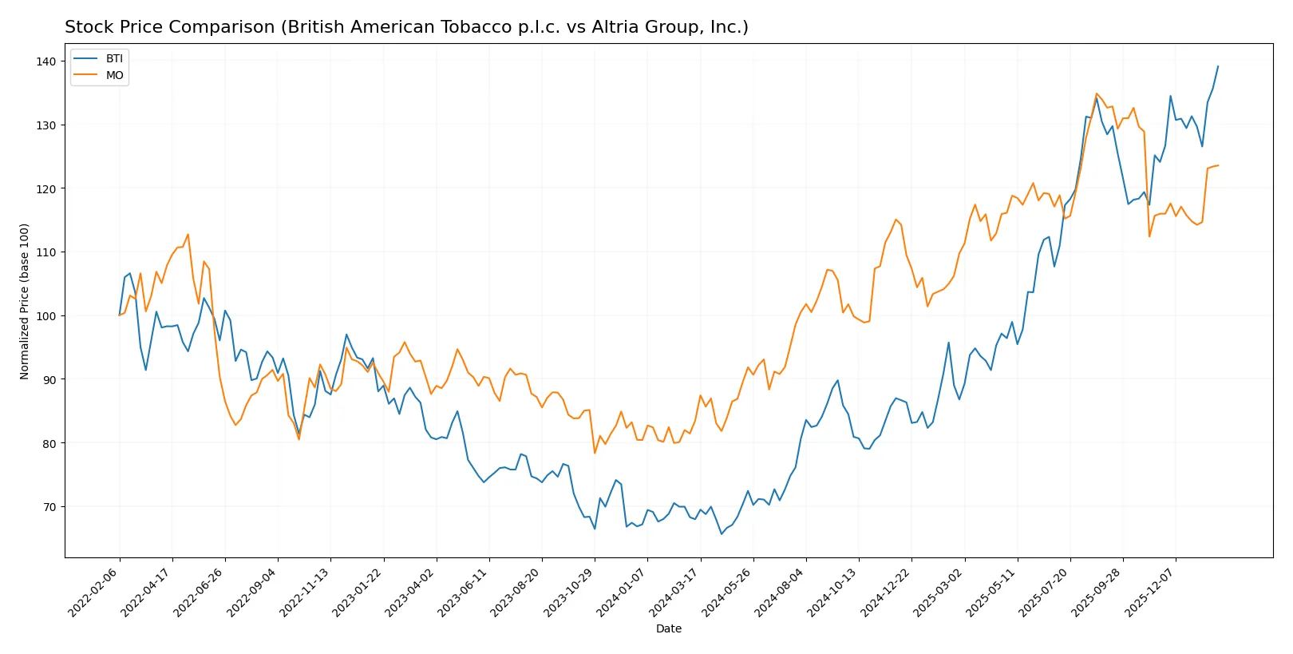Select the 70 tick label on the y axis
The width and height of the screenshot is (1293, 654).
tap(49, 507)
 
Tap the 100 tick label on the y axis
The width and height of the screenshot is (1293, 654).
tap(46, 316)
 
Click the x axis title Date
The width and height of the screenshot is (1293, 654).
tap(668, 628)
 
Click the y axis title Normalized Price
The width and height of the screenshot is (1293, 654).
tap(25, 301)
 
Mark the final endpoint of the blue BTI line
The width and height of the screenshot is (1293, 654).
tap(1218, 66)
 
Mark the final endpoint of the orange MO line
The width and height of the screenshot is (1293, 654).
tap(1218, 165)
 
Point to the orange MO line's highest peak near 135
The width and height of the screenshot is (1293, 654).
tap(1096, 93)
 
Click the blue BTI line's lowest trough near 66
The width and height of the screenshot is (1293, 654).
tap(722, 534)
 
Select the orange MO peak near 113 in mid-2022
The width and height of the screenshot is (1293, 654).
tap(188, 234)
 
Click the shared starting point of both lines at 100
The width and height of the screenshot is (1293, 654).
tap(120, 315)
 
